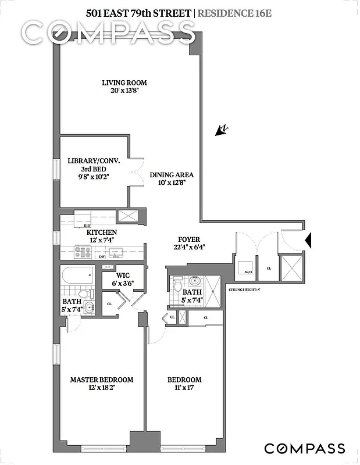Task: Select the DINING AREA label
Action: (x=172, y=175)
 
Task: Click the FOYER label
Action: (x=189, y=239)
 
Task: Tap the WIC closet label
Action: (x=122, y=276)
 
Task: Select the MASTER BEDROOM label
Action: (x=102, y=380)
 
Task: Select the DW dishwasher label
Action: (x=102, y=256)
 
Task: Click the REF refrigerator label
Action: (x=87, y=225)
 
